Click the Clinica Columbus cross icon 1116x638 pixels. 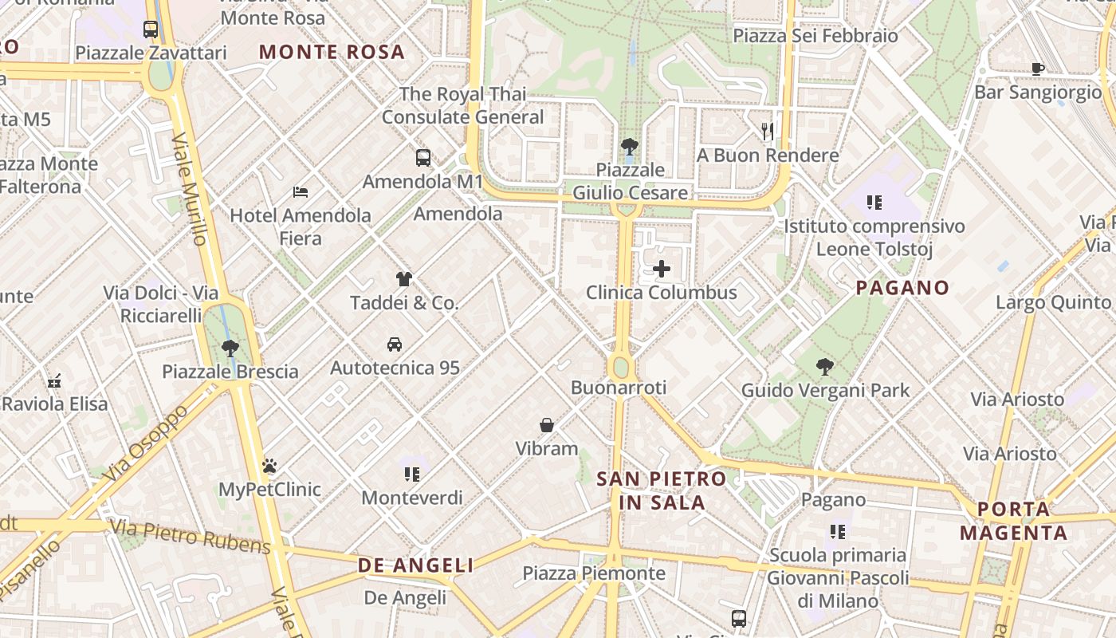click(662, 269)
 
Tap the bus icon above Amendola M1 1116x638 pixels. click(423, 158)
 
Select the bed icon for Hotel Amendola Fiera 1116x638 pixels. click(301, 191)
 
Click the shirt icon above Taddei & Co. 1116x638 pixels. click(404, 279)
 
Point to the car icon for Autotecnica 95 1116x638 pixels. click(395, 345)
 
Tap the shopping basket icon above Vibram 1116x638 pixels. click(547, 425)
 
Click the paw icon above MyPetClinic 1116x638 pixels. click(269, 466)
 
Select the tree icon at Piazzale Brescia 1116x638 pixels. click(230, 348)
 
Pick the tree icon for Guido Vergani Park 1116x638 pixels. click(825, 367)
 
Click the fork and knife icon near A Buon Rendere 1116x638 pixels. click(768, 132)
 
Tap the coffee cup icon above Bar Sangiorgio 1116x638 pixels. click(1038, 69)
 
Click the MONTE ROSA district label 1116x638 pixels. click(332, 53)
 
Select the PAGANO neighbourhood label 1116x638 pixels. click(902, 288)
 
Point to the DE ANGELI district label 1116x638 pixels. click(416, 565)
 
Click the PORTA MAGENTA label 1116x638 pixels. click(1013, 521)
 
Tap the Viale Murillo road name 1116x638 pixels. click(191, 190)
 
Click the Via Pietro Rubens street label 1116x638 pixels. click(191, 536)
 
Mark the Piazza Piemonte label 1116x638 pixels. click(594, 573)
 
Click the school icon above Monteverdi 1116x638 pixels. click(412, 475)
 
